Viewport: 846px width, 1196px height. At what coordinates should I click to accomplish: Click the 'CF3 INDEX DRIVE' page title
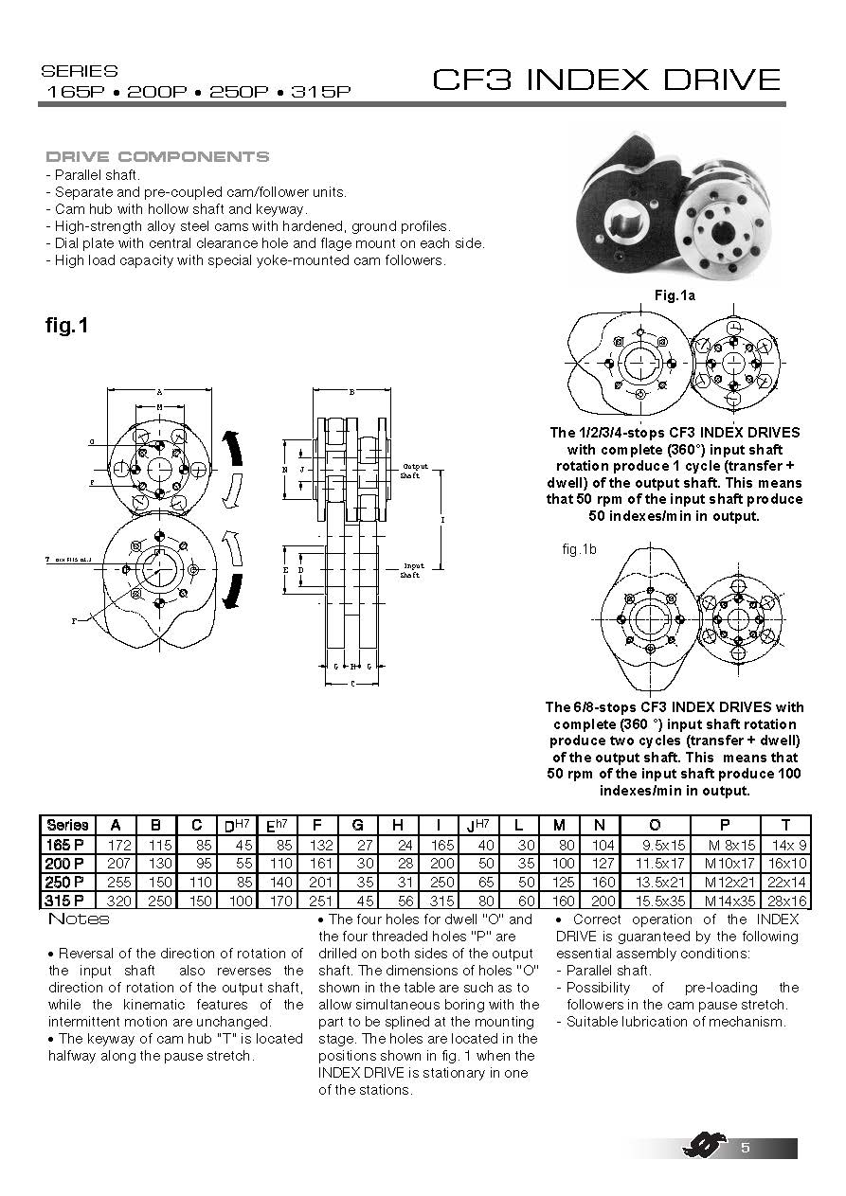pyautogui.click(x=606, y=80)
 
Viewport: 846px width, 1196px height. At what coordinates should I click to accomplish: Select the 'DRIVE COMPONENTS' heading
pyautogui.click(x=157, y=157)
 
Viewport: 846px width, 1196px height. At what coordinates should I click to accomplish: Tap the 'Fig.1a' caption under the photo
pyautogui.click(x=675, y=296)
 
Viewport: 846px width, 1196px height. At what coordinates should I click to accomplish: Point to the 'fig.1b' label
pyautogui.click(x=579, y=549)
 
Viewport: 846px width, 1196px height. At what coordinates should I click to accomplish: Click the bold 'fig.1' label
pyautogui.click(x=67, y=326)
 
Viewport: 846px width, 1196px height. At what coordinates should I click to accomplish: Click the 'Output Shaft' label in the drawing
pyautogui.click(x=414, y=471)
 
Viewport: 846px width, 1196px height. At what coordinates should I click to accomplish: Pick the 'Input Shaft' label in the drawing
pyautogui.click(x=412, y=570)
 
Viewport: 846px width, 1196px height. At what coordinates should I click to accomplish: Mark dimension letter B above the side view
pyautogui.click(x=352, y=391)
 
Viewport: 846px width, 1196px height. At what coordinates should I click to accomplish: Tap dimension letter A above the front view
pyautogui.click(x=158, y=391)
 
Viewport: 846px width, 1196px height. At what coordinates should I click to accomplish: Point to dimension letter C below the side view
pyautogui.click(x=352, y=683)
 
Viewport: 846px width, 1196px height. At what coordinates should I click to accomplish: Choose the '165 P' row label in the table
pyautogui.click(x=67, y=844)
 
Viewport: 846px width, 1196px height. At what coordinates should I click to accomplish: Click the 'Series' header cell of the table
pyautogui.click(x=67, y=825)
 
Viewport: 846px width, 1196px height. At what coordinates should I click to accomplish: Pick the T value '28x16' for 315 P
pyautogui.click(x=786, y=901)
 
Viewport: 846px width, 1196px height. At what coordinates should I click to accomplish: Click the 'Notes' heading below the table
pyautogui.click(x=79, y=919)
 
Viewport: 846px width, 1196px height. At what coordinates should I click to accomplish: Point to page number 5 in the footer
pyautogui.click(x=746, y=1149)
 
